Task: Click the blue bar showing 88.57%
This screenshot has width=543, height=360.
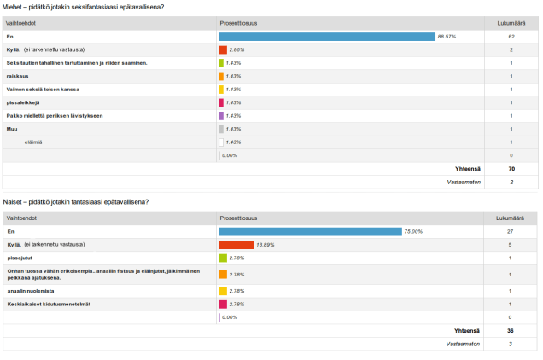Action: pos(327,37)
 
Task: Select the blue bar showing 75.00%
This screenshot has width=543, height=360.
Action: pos(310,231)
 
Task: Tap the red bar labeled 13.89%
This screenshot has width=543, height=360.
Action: pos(236,244)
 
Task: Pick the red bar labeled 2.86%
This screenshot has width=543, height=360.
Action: pos(223,50)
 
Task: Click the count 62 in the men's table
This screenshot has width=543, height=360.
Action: pos(511,37)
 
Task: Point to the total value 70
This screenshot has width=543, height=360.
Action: pos(511,169)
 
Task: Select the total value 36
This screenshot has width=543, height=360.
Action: pos(511,331)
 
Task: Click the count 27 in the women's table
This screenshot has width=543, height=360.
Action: pos(511,231)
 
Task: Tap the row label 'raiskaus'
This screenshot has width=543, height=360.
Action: pos(18,76)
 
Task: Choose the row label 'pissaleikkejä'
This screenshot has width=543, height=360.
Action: pos(24,102)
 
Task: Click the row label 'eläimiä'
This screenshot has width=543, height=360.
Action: pos(35,142)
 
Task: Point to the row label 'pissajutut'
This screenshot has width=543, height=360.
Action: pos(21,257)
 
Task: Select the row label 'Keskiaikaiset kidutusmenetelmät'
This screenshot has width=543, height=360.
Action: pos(49,304)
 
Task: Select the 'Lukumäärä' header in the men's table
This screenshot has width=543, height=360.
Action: pos(511,24)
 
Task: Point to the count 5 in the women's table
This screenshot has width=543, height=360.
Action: pos(511,244)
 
